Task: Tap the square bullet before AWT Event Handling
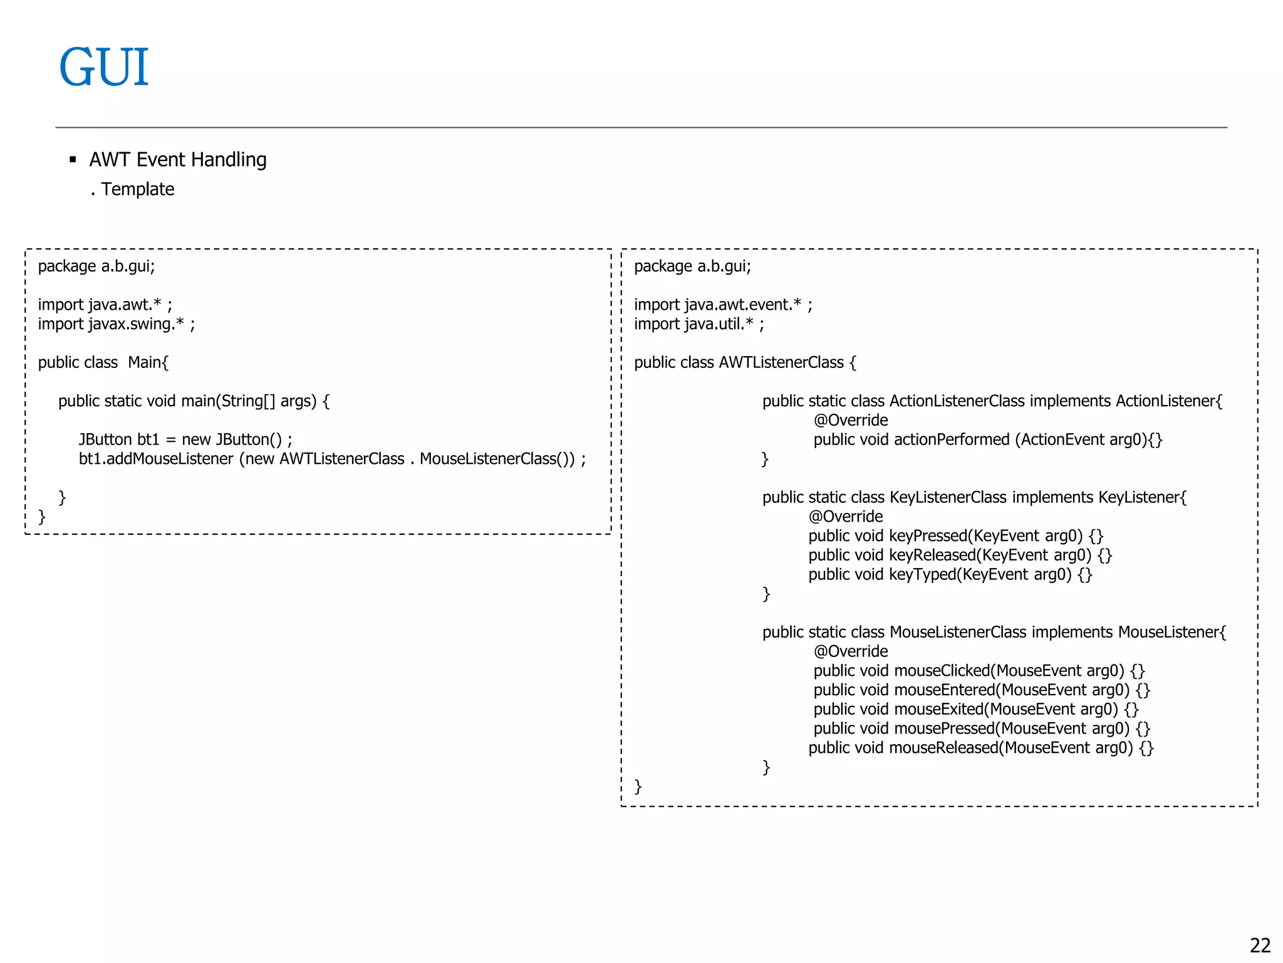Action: pos(73,160)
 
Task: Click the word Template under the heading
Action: pos(138,189)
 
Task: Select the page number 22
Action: pos(1260,945)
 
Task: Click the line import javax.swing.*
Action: pos(116,324)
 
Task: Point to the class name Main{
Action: pos(148,362)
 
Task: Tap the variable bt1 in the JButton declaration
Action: pos(148,439)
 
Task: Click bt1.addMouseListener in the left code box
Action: pos(156,459)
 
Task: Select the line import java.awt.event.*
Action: pos(722,305)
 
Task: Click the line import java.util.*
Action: pos(699,324)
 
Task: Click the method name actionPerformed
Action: pos(952,439)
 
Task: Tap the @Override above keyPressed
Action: pos(846,517)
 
